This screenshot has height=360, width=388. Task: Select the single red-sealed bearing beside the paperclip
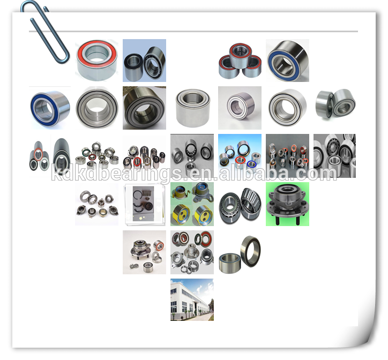(x=96, y=60)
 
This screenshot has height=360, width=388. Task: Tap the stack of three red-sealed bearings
(x=240, y=61)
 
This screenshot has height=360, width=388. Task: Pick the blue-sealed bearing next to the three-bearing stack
(x=287, y=61)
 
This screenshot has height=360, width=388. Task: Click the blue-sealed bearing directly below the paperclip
(x=50, y=108)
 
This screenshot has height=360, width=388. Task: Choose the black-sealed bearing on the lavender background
(x=144, y=61)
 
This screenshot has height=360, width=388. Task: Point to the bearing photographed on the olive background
(x=144, y=108)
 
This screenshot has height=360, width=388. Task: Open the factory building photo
(x=192, y=299)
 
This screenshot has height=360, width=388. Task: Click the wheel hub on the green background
(x=287, y=204)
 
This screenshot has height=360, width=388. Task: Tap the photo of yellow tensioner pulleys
(x=192, y=204)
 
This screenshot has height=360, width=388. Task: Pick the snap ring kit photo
(x=144, y=204)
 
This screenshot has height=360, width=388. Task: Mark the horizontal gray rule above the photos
(x=193, y=32)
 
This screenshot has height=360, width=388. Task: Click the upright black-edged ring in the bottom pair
(x=250, y=251)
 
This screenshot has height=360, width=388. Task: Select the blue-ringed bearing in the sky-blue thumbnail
(x=251, y=164)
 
